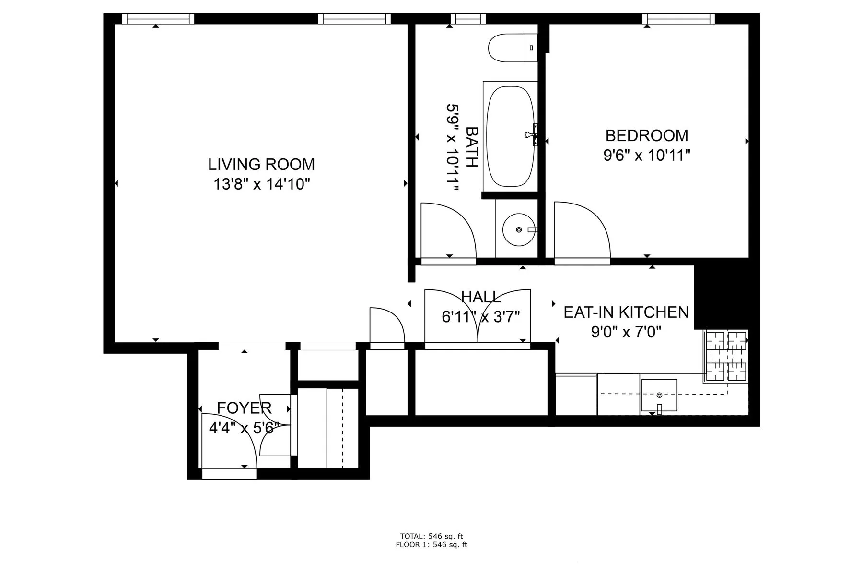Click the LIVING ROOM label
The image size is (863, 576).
click(x=261, y=164)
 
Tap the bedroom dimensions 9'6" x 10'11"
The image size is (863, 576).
click(x=646, y=156)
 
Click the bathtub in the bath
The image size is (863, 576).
click(x=510, y=137)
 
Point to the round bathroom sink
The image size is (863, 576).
click(x=518, y=230)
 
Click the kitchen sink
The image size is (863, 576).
click(x=659, y=395)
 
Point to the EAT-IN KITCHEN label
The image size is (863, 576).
click(x=626, y=312)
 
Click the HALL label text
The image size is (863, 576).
click(x=480, y=297)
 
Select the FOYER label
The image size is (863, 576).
click(x=244, y=408)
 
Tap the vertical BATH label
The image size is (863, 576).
click(x=472, y=146)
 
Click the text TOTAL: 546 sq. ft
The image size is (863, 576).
click(x=431, y=536)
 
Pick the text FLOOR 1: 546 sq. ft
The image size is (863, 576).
click(x=431, y=545)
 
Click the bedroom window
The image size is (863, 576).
click(x=678, y=19)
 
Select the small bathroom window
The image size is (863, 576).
click(x=468, y=19)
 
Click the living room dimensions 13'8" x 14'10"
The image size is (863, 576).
click(x=261, y=184)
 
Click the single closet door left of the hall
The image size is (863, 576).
click(x=386, y=326)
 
